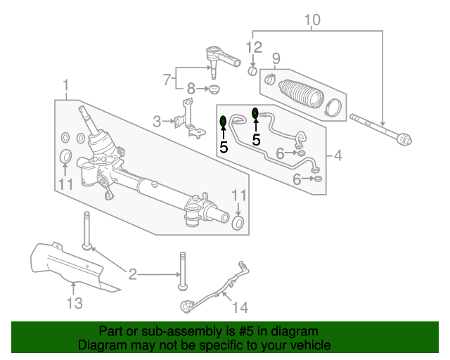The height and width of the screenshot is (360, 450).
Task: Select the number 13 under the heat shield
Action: click(75, 303)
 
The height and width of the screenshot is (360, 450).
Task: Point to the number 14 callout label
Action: click(240, 307)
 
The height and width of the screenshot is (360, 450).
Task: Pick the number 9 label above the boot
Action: click(276, 58)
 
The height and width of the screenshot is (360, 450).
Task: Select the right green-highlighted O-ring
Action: click(256, 112)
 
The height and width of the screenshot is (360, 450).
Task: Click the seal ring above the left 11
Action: click(65, 156)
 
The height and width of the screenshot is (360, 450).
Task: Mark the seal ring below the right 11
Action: click(238, 224)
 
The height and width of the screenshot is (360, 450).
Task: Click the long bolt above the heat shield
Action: click(86, 229)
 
